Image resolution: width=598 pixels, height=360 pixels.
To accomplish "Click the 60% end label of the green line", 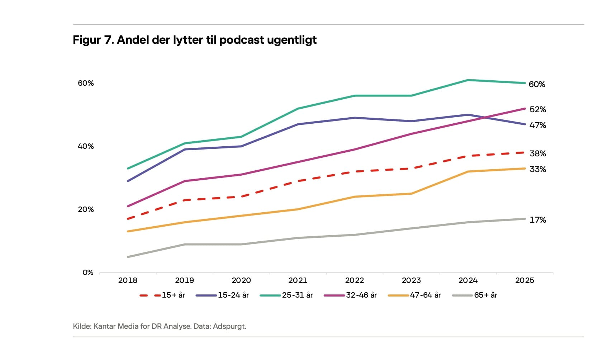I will click(537, 84).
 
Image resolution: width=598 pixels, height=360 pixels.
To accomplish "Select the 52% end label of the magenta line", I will click(538, 109).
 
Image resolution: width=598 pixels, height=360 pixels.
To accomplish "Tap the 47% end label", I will click(538, 125).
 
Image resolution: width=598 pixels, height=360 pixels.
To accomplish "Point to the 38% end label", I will click(538, 153).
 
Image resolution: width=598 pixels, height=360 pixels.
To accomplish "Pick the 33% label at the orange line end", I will click(538, 169).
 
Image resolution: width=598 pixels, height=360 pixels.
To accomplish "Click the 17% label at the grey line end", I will click(538, 220).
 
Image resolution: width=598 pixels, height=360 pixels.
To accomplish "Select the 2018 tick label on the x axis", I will click(128, 280).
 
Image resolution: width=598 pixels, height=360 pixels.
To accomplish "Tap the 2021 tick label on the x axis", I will click(298, 280).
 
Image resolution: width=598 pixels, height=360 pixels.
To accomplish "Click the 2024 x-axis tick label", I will click(468, 280).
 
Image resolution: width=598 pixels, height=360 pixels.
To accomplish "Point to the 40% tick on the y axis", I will click(86, 146).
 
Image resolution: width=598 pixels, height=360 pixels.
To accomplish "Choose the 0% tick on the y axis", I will click(88, 273).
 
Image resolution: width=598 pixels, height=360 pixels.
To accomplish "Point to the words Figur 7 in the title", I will click(93, 40).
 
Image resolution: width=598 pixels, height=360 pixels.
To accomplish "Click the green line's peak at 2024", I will click(468, 80).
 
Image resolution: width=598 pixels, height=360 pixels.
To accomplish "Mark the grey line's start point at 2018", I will click(128, 257).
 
